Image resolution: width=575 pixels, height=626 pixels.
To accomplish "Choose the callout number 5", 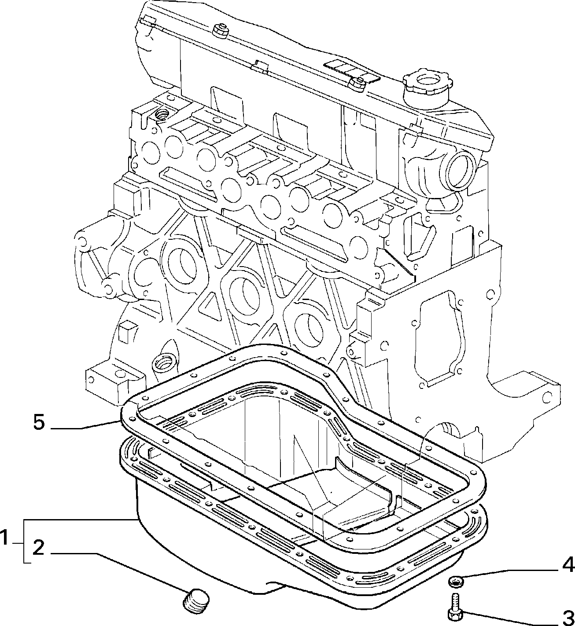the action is point(39,422).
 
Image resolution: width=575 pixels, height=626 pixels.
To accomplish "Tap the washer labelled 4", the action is point(456,573).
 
